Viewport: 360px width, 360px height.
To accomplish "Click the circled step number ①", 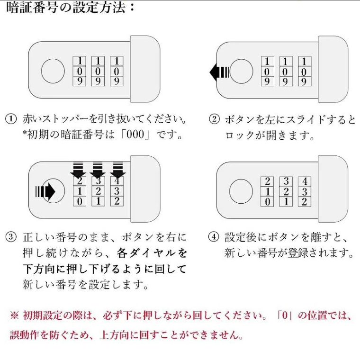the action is point(11,119).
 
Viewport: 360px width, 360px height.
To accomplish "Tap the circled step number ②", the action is point(214,119).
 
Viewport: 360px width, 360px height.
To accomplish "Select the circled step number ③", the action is point(11,237).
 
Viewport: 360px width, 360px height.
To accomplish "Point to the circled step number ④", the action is point(214,237).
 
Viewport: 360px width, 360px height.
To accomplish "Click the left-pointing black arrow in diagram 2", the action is point(219,72).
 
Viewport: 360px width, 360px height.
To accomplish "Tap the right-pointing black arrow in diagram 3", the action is point(45,191).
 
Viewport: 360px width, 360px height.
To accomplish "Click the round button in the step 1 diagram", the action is point(53,71).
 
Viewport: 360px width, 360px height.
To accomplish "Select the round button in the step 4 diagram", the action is point(241,191).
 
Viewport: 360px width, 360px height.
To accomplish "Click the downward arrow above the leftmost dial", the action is point(78,170).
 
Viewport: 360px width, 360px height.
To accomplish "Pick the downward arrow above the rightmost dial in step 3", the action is point(118,170).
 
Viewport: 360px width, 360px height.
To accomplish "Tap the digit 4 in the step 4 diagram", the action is point(305,181).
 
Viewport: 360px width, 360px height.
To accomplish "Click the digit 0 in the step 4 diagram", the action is point(267,202).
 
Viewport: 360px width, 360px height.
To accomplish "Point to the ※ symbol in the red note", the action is point(15,315).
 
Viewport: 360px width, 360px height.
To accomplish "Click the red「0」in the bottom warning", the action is point(285,315).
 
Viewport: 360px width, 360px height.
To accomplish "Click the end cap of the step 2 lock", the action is point(333,69).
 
